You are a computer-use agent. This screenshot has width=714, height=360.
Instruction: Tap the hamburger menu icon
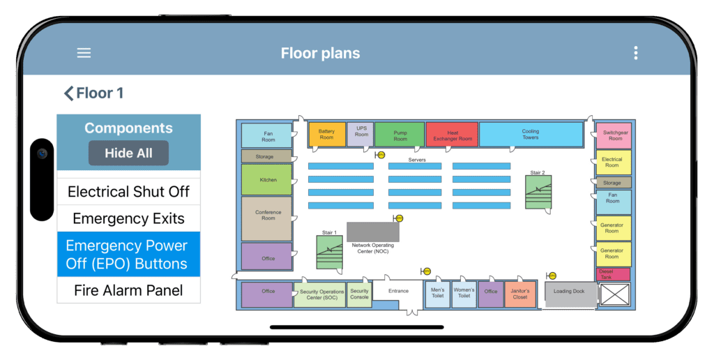[84, 53]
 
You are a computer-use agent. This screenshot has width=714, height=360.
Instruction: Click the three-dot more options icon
[635, 53]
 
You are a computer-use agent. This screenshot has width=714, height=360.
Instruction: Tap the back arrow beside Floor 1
[68, 93]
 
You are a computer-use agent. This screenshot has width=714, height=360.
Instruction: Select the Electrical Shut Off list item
[128, 192]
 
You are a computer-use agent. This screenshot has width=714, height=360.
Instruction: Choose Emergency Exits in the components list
[128, 218]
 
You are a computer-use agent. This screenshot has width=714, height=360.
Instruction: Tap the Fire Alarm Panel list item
[128, 290]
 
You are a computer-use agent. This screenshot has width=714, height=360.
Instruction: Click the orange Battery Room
[326, 134]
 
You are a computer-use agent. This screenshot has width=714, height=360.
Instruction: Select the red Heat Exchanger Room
[452, 135]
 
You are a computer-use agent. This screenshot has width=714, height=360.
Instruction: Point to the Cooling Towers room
[530, 134]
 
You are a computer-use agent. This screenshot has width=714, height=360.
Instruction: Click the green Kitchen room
[267, 180]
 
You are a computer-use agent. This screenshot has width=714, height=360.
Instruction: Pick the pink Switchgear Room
[614, 135]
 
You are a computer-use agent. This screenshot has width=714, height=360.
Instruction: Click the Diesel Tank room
[614, 274]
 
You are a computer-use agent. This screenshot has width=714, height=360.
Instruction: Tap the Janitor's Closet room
[519, 294]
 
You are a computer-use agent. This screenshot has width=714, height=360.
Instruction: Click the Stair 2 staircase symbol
[538, 192]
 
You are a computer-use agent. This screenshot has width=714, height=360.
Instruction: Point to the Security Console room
[359, 294]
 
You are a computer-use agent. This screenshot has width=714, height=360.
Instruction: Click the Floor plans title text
[320, 53]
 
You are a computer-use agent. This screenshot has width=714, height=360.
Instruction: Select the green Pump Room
[400, 135]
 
